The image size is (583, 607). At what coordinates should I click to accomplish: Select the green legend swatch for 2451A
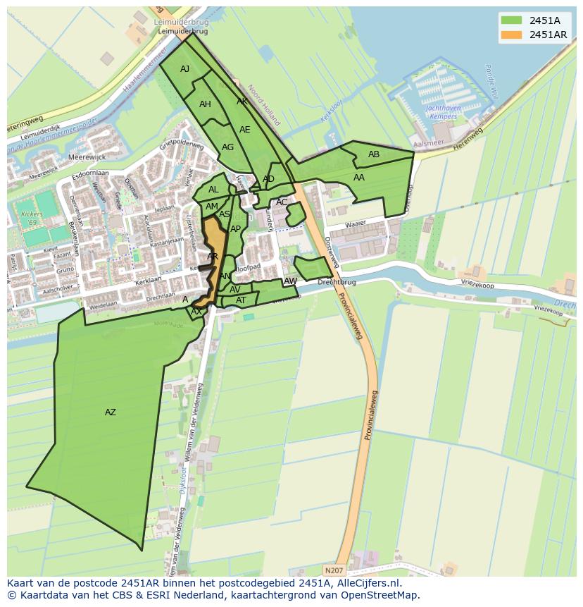pos(512,20)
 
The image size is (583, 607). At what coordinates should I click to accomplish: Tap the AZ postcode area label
pos(111,412)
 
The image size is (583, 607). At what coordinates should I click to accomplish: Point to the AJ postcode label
pos(184,69)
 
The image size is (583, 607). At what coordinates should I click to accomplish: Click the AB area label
pos(374,154)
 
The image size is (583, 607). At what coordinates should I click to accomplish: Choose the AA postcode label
pos(359,178)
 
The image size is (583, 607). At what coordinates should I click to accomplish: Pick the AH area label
pos(205,104)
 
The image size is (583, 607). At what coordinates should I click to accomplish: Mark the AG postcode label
pos(227,147)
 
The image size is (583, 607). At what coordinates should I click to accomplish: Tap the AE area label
pos(244,130)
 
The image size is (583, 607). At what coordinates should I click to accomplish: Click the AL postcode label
pos(213,190)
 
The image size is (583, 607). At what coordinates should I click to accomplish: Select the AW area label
pos(290,281)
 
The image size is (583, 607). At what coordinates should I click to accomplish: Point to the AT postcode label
pos(241,300)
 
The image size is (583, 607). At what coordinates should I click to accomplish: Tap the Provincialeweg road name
pos(371,416)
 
